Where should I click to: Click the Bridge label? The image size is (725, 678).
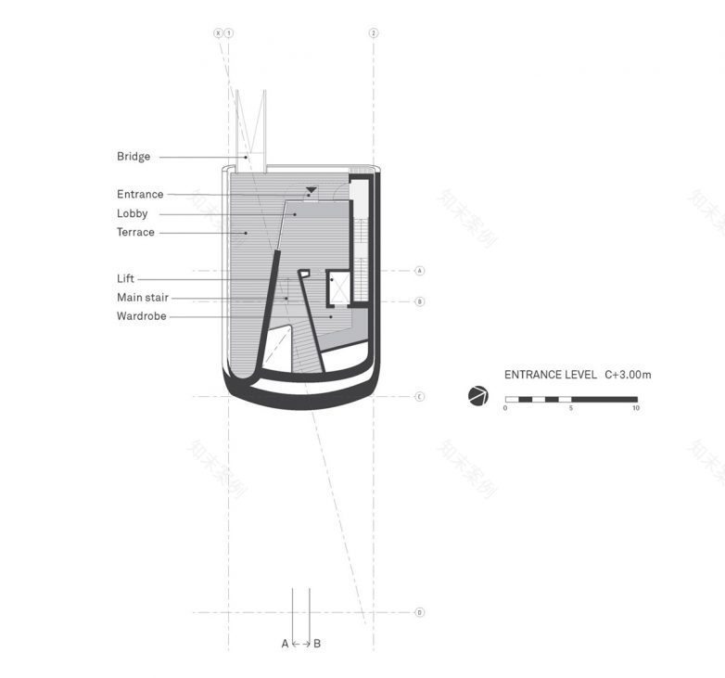click(x=134, y=157)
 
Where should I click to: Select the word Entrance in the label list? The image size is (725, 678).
click(x=140, y=195)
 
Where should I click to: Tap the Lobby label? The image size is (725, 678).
click(x=132, y=213)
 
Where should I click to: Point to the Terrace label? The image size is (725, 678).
click(x=135, y=233)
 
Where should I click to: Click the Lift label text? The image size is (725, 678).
click(x=125, y=278)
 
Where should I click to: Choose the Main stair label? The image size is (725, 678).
click(x=143, y=298)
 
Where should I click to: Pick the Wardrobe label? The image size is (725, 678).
click(x=142, y=316)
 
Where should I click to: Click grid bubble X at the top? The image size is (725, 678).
click(x=219, y=32)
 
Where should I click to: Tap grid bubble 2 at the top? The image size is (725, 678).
click(x=374, y=32)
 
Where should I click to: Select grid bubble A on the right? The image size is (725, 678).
click(x=419, y=271)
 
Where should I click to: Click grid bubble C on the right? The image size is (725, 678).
click(x=419, y=397)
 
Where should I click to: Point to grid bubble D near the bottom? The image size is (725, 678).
click(x=419, y=612)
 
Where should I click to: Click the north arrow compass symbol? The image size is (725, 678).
click(x=477, y=396)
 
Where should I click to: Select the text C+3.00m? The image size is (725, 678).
click(x=628, y=376)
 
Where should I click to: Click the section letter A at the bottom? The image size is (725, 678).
click(x=285, y=644)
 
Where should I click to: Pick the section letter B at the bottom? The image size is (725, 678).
click(x=317, y=644)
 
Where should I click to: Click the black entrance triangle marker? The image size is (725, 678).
click(x=312, y=190)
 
